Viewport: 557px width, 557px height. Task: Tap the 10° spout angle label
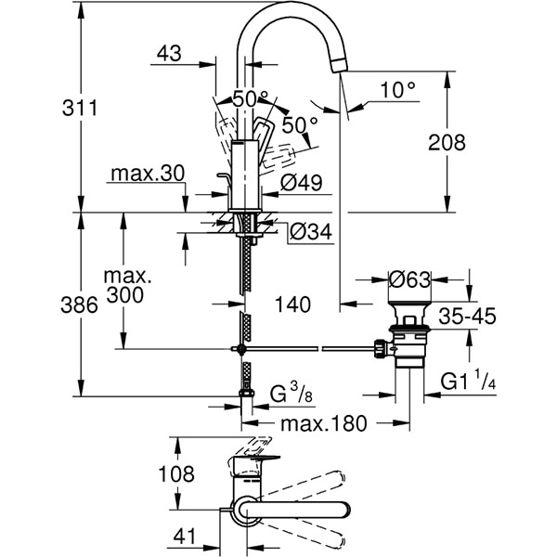pos(398,90)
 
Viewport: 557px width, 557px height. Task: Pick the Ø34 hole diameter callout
pos(310,231)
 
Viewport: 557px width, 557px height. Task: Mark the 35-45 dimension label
pos(467,316)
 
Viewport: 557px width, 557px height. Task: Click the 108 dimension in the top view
pos(176,474)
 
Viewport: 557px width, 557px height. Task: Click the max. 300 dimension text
pos(127,286)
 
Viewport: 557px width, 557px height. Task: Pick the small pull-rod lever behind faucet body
pos(224,178)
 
